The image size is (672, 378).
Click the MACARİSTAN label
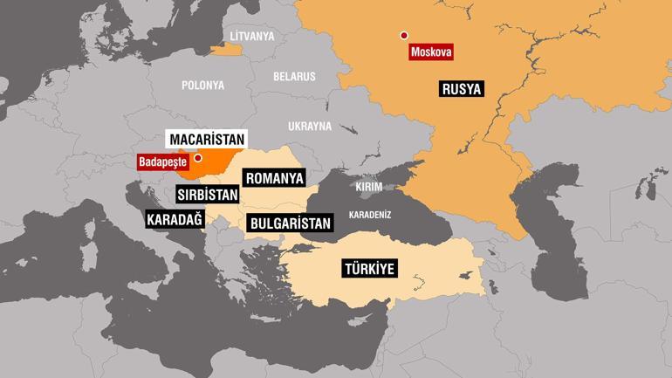click(206, 139)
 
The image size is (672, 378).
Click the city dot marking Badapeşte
click(199, 158)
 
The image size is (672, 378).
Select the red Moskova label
click(430, 52)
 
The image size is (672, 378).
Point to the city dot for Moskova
click(404, 36)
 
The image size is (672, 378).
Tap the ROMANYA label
click(274, 178)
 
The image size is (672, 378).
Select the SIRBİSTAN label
click(208, 195)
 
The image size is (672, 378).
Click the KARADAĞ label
click(175, 219)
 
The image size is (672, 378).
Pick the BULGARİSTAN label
click(290, 223)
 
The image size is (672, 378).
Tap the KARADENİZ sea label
click(369, 214)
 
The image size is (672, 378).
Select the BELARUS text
click(294, 77)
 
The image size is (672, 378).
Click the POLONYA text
click(202, 86)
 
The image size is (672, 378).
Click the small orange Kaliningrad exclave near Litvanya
click(225, 50)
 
